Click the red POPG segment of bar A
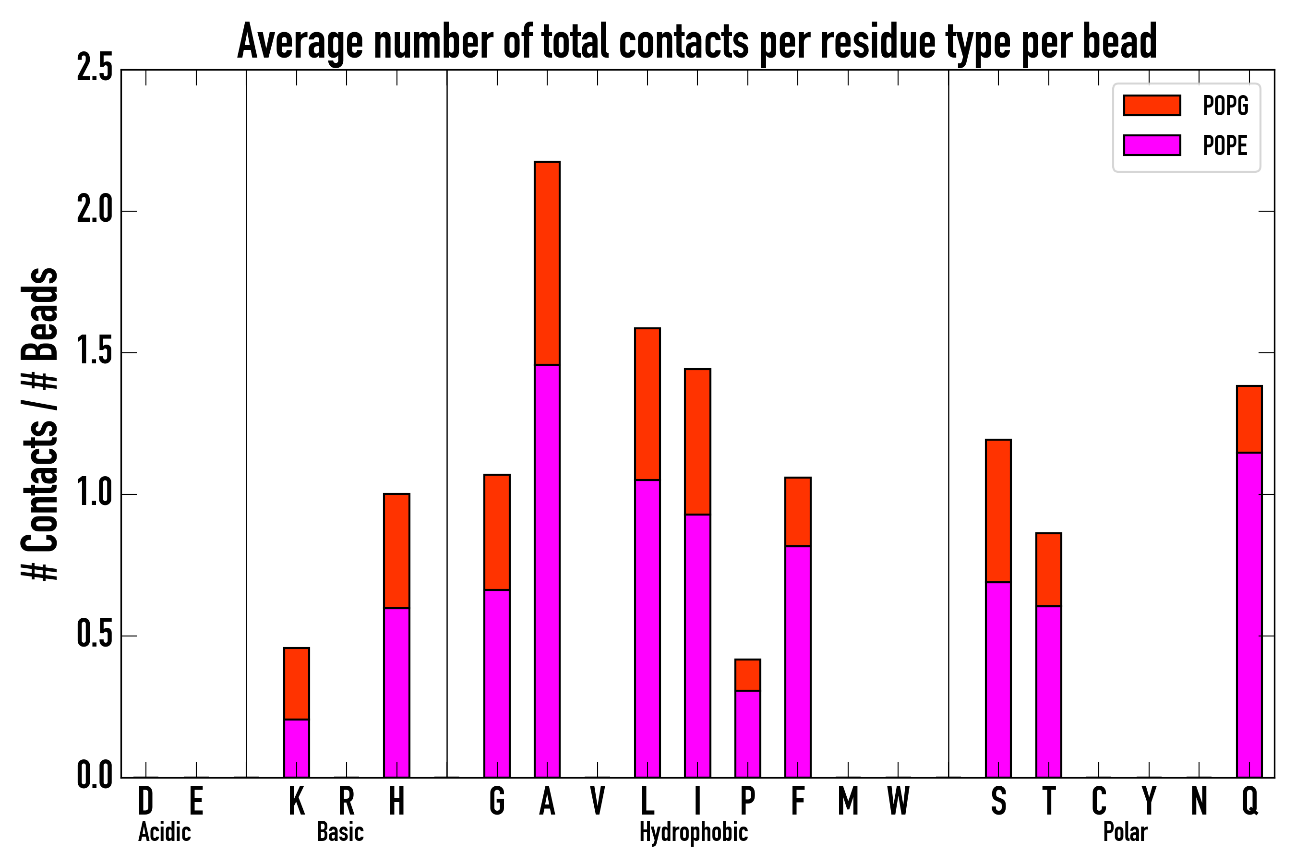point(547,264)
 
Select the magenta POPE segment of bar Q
point(1249,614)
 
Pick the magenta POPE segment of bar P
point(748,733)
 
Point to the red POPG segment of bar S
point(998,511)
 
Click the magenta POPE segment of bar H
point(397,693)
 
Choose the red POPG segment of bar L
point(648,404)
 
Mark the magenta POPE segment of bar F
point(798,661)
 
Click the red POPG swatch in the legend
point(1152,105)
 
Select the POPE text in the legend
point(1225,145)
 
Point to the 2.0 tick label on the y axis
point(95,211)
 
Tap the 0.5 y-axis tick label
point(95,636)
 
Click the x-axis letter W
point(898,801)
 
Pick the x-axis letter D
point(145,801)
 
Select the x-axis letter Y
point(1149,801)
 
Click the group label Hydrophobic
point(693,832)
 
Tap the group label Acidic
point(164,832)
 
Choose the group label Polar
point(1125,832)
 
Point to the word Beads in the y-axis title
point(40,314)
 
